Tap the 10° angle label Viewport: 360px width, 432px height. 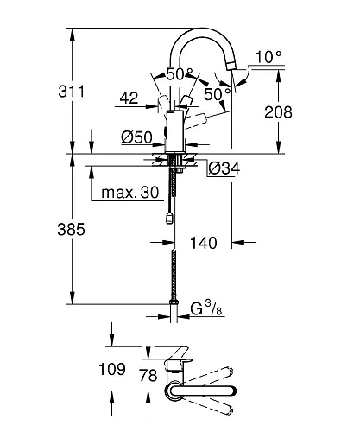point(268,57)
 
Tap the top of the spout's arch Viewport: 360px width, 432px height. point(203,30)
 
